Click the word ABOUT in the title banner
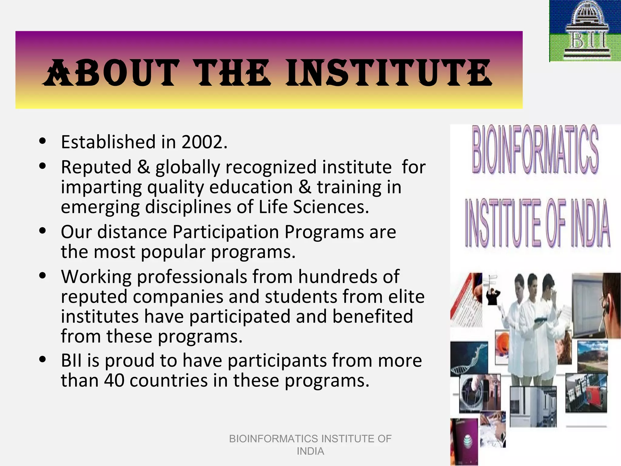tap(111, 73)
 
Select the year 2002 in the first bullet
tap(204, 142)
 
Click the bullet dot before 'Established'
tap(42, 141)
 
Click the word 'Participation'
tap(226, 232)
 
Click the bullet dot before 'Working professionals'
tap(42, 275)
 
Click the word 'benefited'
tap(373, 316)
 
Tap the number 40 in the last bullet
tap(114, 380)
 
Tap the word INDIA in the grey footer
tap(310, 451)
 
